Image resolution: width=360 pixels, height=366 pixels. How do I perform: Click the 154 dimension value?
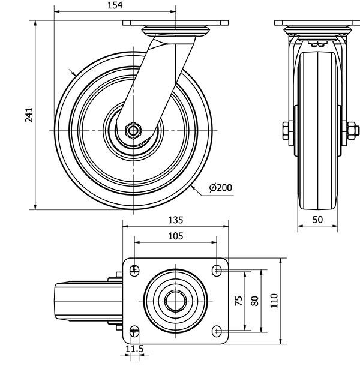(x=115, y=5)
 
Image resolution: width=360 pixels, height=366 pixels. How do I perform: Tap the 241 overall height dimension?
(x=29, y=115)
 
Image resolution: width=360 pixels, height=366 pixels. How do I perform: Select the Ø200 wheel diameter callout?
(x=221, y=187)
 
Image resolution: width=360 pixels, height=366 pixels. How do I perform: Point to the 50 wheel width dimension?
(x=317, y=220)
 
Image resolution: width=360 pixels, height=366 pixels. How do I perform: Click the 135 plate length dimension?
(x=176, y=220)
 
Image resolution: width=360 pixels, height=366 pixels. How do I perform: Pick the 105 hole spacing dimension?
(x=176, y=236)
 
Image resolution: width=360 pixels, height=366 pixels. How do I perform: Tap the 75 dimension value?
(x=239, y=301)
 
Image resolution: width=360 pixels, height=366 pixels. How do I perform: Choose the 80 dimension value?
(x=255, y=301)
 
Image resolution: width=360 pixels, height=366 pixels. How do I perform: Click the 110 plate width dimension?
(x=274, y=301)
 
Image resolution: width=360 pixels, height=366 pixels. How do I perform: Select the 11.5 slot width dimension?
(x=134, y=349)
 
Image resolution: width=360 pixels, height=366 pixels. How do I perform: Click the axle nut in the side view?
(x=133, y=131)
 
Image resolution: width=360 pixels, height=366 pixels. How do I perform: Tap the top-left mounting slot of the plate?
(x=134, y=271)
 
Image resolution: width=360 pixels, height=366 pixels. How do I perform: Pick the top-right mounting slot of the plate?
(x=217, y=271)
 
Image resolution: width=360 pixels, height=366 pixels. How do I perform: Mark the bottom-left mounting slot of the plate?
(x=134, y=331)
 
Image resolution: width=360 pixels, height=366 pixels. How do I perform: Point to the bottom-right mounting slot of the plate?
(x=217, y=331)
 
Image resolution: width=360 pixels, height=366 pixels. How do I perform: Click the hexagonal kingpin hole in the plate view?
(x=176, y=301)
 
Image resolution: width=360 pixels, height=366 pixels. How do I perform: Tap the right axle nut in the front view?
(x=351, y=131)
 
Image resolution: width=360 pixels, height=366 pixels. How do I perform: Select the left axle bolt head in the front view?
(x=286, y=131)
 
